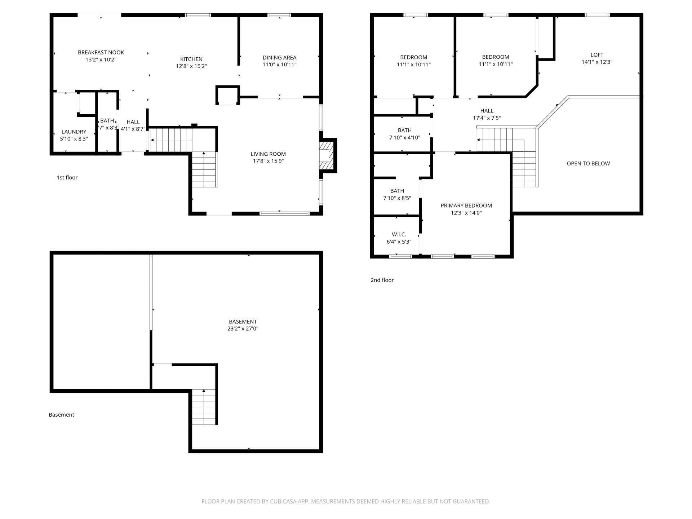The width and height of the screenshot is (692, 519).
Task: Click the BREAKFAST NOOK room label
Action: pyautogui.click(x=101, y=53)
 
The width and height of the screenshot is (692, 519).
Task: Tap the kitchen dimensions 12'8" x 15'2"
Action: pyautogui.click(x=191, y=66)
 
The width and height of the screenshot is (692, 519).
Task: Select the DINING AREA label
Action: pyautogui.click(x=279, y=58)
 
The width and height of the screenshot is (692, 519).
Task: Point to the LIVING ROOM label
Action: pyautogui.click(x=268, y=154)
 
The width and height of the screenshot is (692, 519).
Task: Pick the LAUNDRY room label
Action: pyautogui.click(x=74, y=132)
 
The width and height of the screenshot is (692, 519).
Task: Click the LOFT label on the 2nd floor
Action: pyautogui.click(x=597, y=55)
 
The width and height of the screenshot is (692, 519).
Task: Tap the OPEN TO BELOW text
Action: pyautogui.click(x=588, y=163)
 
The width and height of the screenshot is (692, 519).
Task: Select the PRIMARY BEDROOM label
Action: pyautogui.click(x=466, y=205)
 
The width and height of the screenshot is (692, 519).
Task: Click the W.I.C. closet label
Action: pyautogui.click(x=399, y=234)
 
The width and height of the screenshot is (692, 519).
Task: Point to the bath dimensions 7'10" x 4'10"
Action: pyautogui.click(x=405, y=137)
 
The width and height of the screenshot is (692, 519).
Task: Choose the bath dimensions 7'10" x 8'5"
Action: pyautogui.click(x=397, y=198)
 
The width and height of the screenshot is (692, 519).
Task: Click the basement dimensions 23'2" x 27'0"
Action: pyautogui.click(x=243, y=328)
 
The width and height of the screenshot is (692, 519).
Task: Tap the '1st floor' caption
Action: pyautogui.click(x=67, y=177)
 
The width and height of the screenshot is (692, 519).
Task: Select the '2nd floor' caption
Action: pyautogui.click(x=382, y=280)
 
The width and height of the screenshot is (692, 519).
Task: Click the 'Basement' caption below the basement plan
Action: pyautogui.click(x=61, y=414)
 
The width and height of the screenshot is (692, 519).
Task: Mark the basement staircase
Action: pyautogui.click(x=204, y=407)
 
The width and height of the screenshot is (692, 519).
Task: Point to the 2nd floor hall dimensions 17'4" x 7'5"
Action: pyautogui.click(x=487, y=118)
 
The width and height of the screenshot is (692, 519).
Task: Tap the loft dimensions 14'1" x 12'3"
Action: pyautogui.click(x=597, y=62)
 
